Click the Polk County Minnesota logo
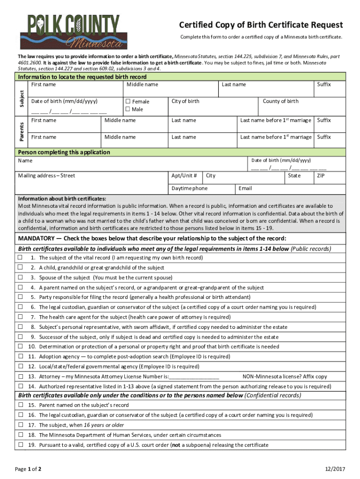coord(73,32)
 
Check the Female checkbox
coord(128,102)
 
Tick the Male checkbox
coord(128,109)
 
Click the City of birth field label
coord(185,102)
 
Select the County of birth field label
coord(281,102)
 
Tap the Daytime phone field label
coord(189,189)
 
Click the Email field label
coord(245,189)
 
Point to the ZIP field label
coord(321,176)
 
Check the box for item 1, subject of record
coord(20,258)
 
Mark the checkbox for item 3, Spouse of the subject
coord(20,277)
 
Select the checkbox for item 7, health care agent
coord(20,317)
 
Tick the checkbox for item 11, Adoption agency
coord(20,356)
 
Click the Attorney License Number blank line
coord(194,377)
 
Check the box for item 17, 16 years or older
coord(20,425)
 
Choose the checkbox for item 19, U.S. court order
coord(20,444)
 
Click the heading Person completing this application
coord(64,152)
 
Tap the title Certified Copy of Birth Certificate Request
coord(261,25)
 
